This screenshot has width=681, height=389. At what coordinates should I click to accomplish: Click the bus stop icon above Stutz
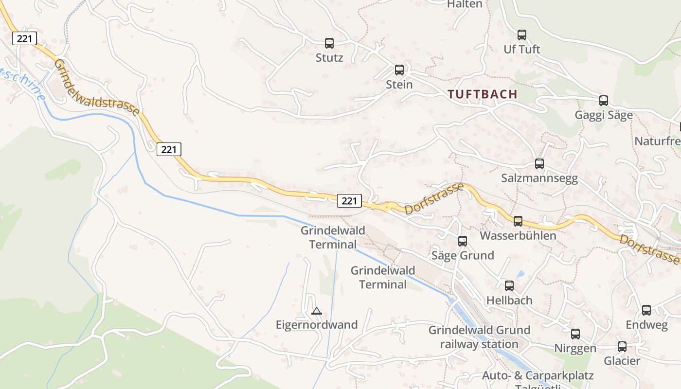click(329, 43)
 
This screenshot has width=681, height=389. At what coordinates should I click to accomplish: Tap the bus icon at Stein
click(399, 70)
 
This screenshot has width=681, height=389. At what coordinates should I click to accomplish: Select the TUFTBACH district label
click(483, 94)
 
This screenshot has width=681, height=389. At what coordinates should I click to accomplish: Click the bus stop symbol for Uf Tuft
click(522, 35)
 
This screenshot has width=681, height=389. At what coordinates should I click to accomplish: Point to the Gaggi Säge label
click(604, 115)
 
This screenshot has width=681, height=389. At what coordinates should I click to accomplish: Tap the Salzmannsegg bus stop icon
click(539, 164)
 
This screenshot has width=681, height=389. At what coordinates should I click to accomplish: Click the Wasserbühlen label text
click(518, 236)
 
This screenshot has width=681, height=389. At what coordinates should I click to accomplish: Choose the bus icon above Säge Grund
click(463, 241)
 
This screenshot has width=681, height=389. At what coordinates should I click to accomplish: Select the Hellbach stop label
click(509, 301)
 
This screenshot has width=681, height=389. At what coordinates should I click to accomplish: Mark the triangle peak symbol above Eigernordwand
click(317, 311)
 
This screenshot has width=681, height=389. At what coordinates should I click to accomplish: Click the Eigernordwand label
click(317, 325)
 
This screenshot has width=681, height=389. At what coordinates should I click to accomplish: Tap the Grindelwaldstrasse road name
click(97, 88)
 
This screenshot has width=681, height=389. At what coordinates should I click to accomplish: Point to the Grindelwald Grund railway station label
click(479, 337)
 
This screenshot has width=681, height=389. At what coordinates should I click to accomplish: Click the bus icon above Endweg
click(646, 310)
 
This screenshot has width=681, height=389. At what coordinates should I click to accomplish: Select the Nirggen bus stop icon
click(575, 334)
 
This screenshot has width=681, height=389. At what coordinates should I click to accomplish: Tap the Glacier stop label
click(622, 361)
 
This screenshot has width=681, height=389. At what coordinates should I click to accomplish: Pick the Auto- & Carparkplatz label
click(538, 376)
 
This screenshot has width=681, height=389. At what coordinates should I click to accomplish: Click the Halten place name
click(465, 4)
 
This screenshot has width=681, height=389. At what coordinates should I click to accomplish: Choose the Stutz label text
click(329, 58)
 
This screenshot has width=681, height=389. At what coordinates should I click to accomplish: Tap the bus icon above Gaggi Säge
click(604, 101)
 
